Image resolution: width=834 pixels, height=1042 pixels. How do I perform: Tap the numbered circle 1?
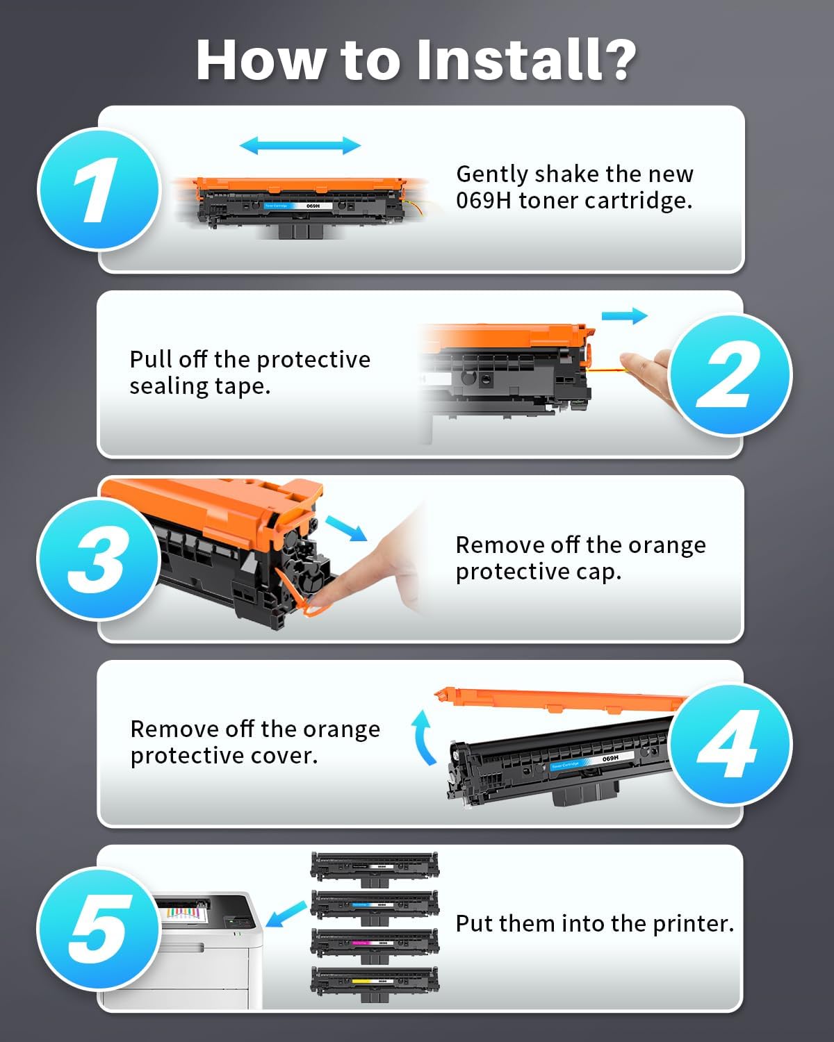[x=99, y=189]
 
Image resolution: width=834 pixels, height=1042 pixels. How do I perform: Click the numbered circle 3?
[x=99, y=559]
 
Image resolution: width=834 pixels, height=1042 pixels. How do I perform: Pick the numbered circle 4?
[x=730, y=743]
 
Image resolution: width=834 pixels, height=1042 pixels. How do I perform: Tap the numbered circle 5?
[x=99, y=928]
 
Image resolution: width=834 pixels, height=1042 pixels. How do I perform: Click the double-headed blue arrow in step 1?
[x=300, y=145]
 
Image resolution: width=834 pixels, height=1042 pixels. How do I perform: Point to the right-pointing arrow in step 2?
[x=624, y=316]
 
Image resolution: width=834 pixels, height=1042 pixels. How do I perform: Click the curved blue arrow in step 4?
[x=423, y=738]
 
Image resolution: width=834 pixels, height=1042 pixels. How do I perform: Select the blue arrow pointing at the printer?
[x=286, y=913]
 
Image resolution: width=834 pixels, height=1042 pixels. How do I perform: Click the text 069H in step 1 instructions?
[x=484, y=201]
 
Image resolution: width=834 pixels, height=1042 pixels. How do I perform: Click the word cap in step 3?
[x=598, y=572]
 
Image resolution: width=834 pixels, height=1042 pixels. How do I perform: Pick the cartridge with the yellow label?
[x=375, y=982]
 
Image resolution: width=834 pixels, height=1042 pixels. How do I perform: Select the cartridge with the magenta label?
[x=375, y=943]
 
